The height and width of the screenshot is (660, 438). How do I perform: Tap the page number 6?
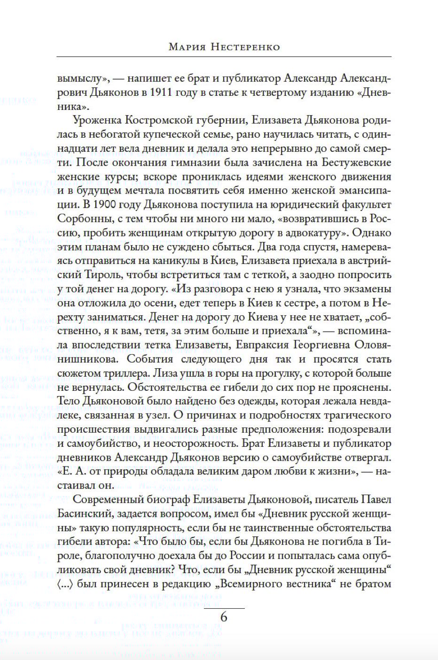click(x=224, y=616)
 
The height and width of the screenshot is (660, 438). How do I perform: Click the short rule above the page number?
click(x=225, y=608)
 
